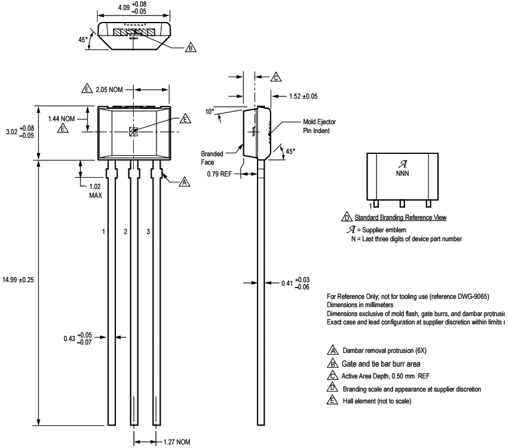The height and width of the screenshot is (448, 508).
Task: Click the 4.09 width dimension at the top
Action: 133,8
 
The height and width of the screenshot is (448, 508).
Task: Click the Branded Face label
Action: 212,156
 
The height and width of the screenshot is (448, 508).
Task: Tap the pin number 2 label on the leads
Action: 126,231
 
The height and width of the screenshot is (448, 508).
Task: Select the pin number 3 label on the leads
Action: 148,231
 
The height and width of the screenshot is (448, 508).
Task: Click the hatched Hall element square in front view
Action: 134,132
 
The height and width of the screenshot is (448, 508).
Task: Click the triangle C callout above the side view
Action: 276,77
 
